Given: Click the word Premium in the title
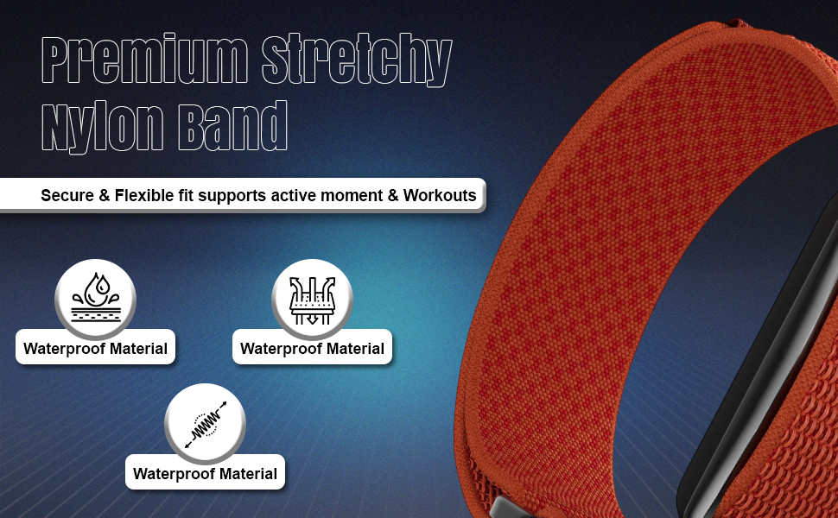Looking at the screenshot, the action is pyautogui.click(x=145, y=59).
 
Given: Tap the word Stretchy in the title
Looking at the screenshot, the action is pyautogui.click(x=357, y=60).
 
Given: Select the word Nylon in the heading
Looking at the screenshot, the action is pyautogui.click(x=103, y=127).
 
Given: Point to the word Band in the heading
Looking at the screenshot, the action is pyautogui.click(x=232, y=126).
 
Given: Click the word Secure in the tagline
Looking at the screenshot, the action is pyautogui.click(x=67, y=195).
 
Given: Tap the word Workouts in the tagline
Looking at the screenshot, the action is pyautogui.click(x=440, y=195).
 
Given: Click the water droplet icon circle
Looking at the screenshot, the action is pyautogui.click(x=96, y=299).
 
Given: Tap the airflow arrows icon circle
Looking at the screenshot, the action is pyautogui.click(x=312, y=299).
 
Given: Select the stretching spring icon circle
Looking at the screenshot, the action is pyautogui.click(x=206, y=424).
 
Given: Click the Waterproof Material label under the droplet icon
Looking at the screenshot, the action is pyautogui.click(x=96, y=348).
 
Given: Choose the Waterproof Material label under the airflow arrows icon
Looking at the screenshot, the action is pyautogui.click(x=312, y=348).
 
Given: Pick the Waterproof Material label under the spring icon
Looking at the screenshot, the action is pyautogui.click(x=206, y=474).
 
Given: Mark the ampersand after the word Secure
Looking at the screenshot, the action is pyautogui.click(x=105, y=195).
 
